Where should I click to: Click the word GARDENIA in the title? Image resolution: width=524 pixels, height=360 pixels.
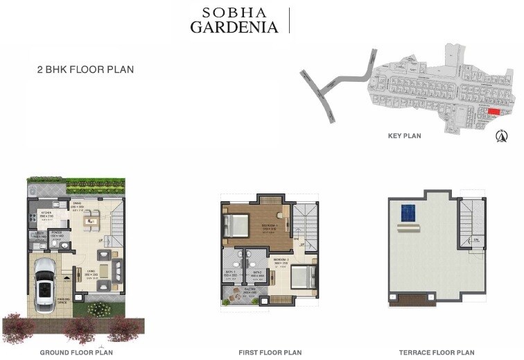coord(234,27)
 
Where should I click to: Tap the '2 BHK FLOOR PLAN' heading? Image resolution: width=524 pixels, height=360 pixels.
coord(85,69)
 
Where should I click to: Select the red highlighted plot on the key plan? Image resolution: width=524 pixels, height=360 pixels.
coord(494,112)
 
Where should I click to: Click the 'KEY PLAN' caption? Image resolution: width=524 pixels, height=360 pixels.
coord(405,136)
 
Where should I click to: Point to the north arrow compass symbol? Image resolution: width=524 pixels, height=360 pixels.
coord(500,135)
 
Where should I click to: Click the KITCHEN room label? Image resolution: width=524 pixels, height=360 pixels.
coord(46,213)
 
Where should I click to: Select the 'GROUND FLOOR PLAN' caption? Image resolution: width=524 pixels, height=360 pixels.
coord(76,352)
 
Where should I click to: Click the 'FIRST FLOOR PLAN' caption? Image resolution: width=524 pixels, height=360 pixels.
coord(270,352)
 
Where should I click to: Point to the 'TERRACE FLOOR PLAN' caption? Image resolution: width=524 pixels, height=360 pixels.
coord(437,352)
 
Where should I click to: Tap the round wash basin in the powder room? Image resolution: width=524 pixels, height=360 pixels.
coord(64,245)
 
